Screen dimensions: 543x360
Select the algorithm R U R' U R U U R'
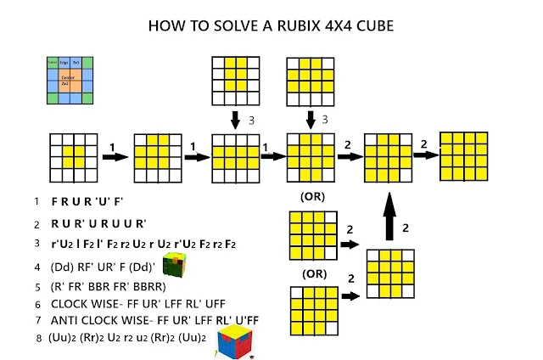click(x=99, y=224)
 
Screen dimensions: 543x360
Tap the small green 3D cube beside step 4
click(x=176, y=266)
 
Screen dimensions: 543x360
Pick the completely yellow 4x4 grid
click(x=464, y=155)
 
